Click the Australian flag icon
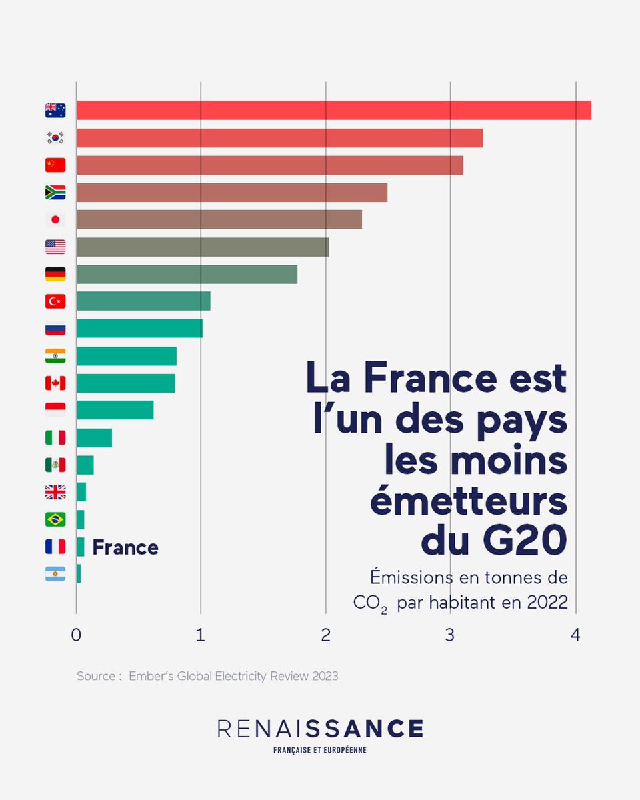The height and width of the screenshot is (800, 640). [55, 111]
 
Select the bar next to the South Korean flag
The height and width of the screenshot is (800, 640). [279, 138]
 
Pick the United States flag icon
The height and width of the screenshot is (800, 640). [55, 247]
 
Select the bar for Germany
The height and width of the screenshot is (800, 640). [187, 274]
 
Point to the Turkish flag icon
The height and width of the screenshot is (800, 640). [55, 301]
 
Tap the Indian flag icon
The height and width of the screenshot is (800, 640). [55, 356]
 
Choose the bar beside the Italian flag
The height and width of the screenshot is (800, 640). [94, 438]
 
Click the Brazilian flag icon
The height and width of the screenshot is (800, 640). [55, 519]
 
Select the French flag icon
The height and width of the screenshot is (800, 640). [55, 547]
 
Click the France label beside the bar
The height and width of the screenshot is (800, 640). [125, 547]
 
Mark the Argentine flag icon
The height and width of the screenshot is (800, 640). [55, 574]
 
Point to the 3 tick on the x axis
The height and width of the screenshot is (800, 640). [451, 635]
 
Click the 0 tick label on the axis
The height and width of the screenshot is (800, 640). [76, 635]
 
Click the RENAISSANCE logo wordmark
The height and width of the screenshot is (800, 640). [320, 728]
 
